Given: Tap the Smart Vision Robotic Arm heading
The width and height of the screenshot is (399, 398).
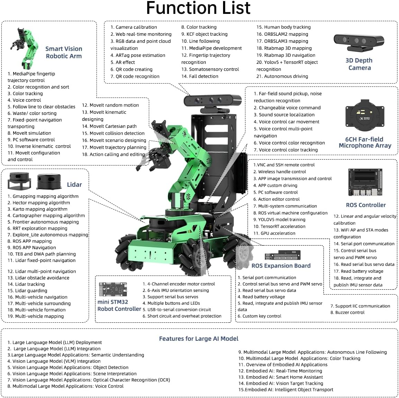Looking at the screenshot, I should [x=64, y=52].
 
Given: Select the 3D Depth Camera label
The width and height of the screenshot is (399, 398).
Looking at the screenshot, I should [x=359, y=64].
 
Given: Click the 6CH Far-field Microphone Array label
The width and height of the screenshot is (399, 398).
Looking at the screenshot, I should [x=365, y=142].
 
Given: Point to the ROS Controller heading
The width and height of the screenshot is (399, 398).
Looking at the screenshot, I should [x=365, y=205].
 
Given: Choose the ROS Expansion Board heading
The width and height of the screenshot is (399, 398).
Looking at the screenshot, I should [x=281, y=265].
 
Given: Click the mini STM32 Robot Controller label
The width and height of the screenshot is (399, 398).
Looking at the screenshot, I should [x=119, y=305].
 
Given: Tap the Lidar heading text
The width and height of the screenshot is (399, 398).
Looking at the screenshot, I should [x=74, y=184].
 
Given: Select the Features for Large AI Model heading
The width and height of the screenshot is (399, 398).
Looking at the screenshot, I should [x=198, y=338].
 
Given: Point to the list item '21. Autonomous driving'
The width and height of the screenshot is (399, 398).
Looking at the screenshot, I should [x=282, y=76].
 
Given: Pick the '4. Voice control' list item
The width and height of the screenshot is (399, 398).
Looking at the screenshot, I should [x=24, y=100].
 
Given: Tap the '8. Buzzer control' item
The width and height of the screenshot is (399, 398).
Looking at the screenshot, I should [x=347, y=312].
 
